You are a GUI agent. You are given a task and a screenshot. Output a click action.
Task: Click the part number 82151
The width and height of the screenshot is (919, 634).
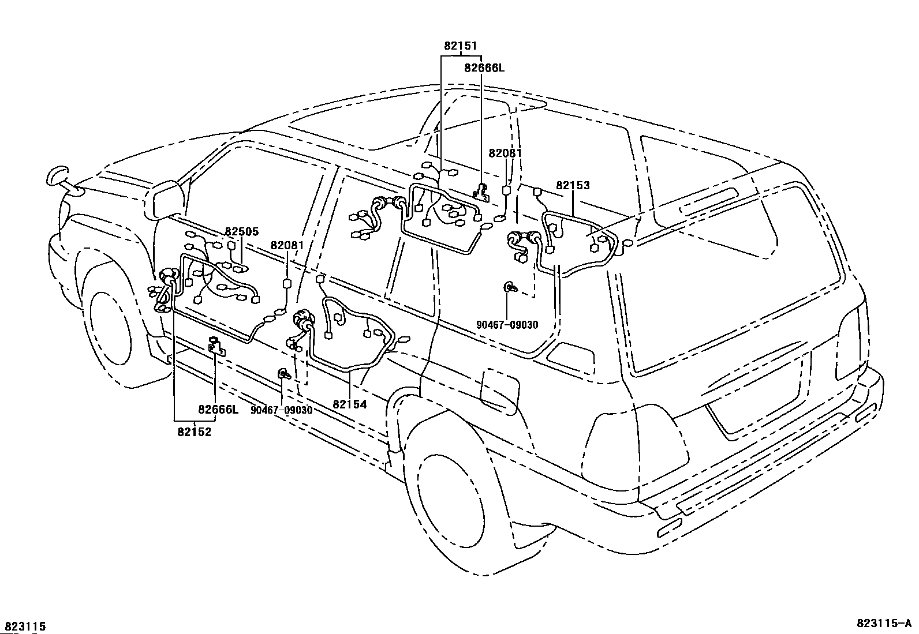coord(460,46)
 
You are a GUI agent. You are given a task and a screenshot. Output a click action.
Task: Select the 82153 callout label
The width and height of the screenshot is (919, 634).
coord(573,185)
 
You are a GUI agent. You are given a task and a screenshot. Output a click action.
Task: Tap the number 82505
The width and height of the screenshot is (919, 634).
coord(242,232)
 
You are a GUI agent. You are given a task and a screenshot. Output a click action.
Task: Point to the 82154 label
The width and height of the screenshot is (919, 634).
coord(350,404)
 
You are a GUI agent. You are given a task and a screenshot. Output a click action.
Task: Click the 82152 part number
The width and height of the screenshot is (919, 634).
coord(195,432)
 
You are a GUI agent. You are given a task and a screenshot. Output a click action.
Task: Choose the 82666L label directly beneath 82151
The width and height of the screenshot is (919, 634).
coord(484,68)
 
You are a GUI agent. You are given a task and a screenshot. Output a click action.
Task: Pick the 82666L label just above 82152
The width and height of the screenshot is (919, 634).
coord(218,410)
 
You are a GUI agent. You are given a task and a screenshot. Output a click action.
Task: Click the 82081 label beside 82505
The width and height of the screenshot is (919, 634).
coord(287,245)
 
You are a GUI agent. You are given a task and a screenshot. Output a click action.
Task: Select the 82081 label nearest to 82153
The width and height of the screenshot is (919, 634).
coord(505,153)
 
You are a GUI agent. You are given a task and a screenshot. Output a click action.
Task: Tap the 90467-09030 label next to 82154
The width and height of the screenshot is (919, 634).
coord(282,410)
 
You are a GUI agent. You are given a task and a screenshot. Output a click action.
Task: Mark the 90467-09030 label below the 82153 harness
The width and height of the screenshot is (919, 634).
coord(507,325)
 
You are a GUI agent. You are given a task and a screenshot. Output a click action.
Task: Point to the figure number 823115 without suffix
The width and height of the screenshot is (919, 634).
coord(25,627)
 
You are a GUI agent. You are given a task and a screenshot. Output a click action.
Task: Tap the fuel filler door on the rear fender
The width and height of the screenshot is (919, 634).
coord(500,392)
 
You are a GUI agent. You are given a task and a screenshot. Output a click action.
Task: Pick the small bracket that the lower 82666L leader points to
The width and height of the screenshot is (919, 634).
coord(216,346)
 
